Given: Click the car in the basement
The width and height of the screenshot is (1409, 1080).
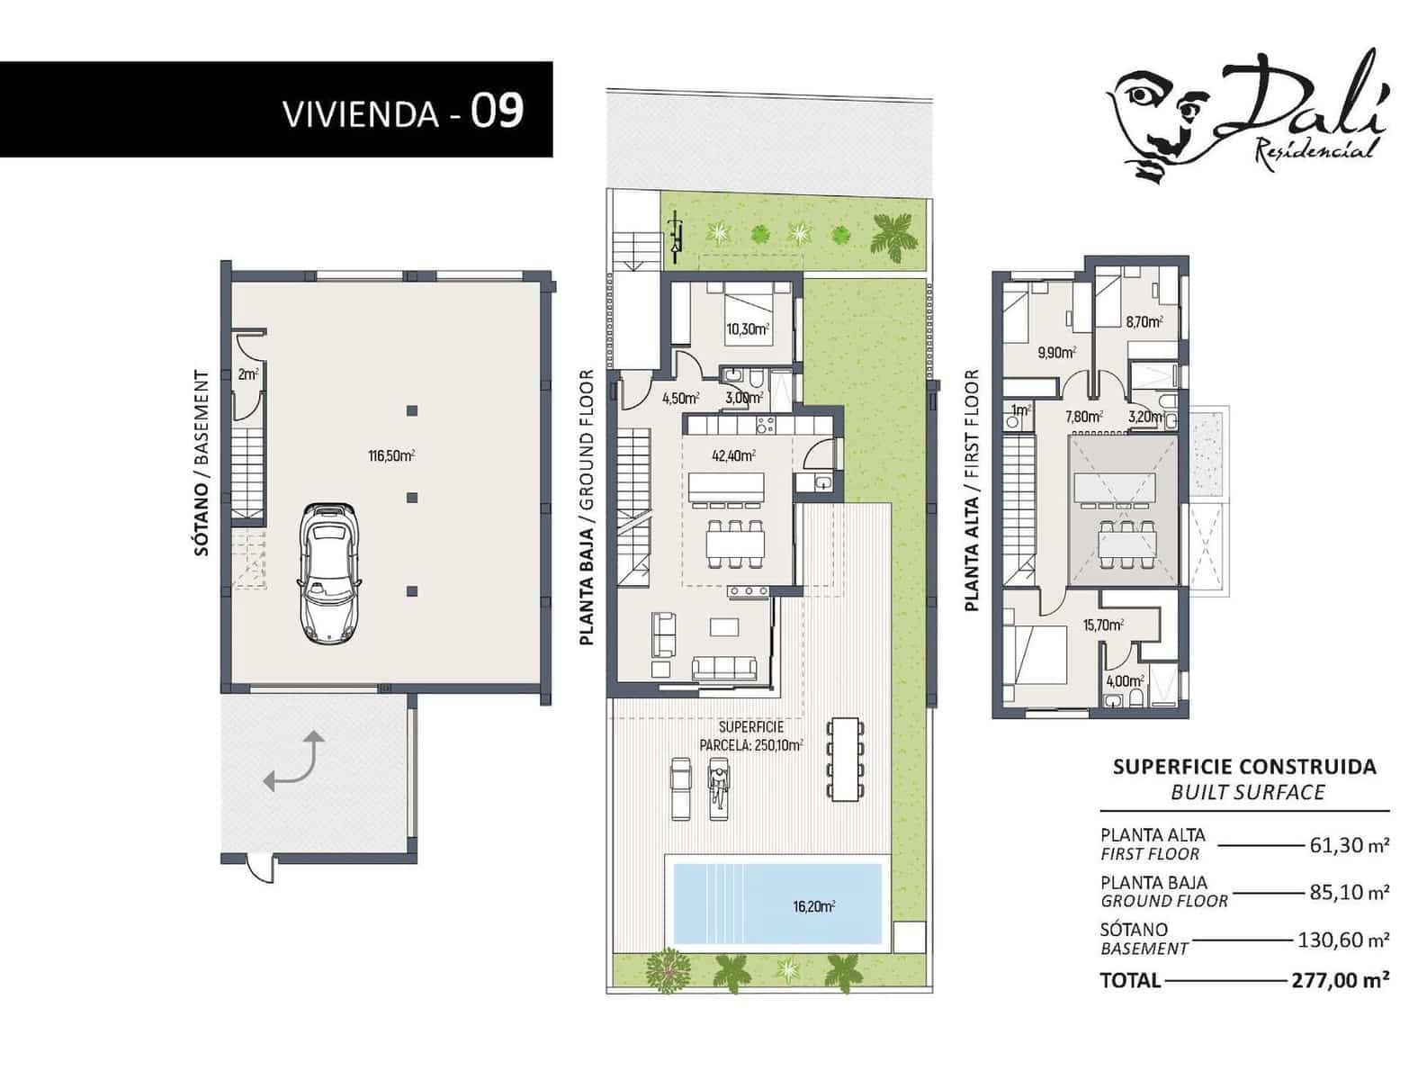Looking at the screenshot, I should (328, 573).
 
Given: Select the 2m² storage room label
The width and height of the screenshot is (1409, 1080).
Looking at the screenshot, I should (248, 374).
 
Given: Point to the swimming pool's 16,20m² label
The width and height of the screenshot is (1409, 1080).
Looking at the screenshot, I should (813, 906).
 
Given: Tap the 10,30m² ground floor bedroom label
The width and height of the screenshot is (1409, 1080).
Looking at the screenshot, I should (748, 329).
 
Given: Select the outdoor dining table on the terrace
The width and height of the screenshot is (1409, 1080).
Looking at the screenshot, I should (846, 758).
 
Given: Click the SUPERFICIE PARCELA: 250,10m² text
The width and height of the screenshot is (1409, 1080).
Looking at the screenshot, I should (751, 736).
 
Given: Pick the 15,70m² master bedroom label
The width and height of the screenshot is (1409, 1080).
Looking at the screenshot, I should (1103, 625).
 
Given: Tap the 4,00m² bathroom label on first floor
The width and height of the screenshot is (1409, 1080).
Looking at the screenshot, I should (1125, 681).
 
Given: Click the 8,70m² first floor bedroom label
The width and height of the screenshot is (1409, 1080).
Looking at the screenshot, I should (1144, 320).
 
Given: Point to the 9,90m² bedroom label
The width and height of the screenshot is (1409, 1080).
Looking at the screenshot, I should (1056, 353).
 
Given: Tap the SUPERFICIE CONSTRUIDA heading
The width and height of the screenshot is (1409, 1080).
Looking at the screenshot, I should (1244, 767).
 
